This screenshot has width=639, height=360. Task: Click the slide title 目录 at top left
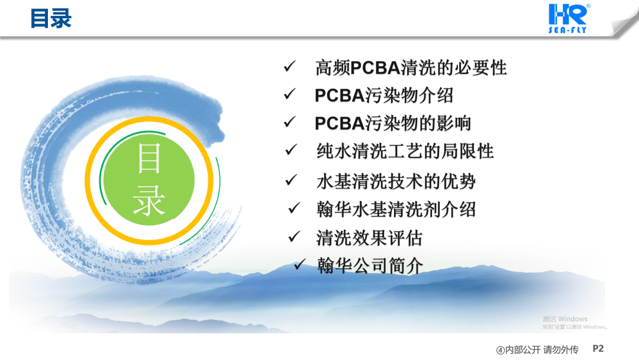click(51, 19)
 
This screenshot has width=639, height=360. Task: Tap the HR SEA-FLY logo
click(569, 18)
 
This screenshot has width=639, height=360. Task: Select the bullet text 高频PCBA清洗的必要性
click(411, 67)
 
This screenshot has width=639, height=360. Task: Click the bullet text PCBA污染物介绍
click(384, 95)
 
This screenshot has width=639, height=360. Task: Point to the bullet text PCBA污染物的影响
click(393, 123)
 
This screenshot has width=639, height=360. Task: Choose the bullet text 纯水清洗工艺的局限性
click(405, 151)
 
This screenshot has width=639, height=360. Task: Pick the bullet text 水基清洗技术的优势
click(396, 181)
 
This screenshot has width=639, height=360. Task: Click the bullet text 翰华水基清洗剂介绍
click(396, 210)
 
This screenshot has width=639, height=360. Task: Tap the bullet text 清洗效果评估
click(369, 237)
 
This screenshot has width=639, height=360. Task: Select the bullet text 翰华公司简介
click(370, 266)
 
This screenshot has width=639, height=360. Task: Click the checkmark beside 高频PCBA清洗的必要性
click(290, 66)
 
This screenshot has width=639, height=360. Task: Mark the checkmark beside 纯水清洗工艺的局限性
click(291, 150)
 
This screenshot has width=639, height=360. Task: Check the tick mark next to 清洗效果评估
click(294, 236)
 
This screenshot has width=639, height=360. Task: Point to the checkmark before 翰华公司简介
click(299, 264)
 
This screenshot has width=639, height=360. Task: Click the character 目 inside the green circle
click(149, 159)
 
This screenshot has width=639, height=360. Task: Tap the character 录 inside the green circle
click(149, 201)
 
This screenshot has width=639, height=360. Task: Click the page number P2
click(598, 349)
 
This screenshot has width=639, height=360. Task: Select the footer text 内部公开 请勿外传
click(541, 350)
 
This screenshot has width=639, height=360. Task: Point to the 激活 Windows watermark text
click(565, 319)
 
